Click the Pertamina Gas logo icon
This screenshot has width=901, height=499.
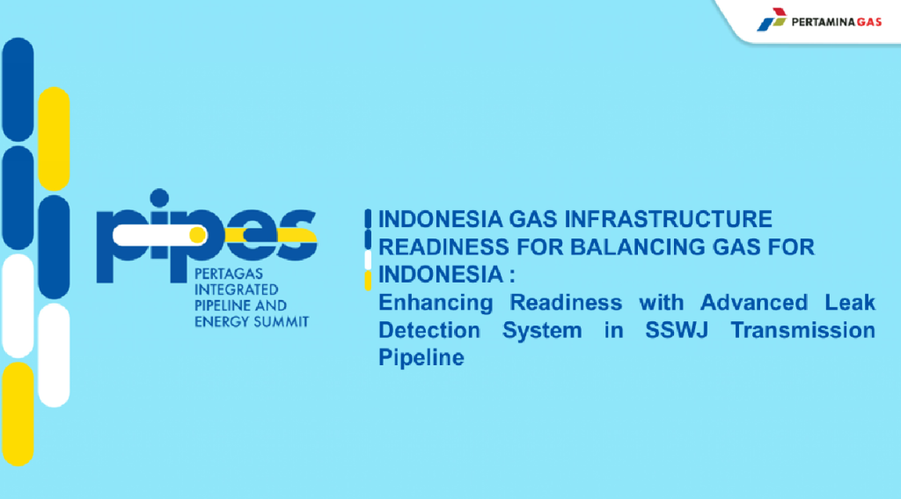click(772, 19)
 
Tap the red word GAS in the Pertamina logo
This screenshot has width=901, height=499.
click(868, 22)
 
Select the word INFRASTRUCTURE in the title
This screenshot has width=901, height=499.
click(669, 219)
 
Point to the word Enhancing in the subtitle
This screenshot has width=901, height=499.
click(436, 303)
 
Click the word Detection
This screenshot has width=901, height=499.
click(429, 330)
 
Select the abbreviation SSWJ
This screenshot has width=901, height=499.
click(677, 330)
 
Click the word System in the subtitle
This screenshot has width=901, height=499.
click(542, 331)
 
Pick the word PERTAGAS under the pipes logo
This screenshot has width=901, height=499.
click(229, 274)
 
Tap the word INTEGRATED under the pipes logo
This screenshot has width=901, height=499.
click(236, 290)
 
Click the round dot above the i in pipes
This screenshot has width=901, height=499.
click(159, 198)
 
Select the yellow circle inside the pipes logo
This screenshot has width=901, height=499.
click(197, 235)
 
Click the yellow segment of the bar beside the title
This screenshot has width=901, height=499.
click(368, 281)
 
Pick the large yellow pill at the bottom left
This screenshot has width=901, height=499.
click(18, 414)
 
